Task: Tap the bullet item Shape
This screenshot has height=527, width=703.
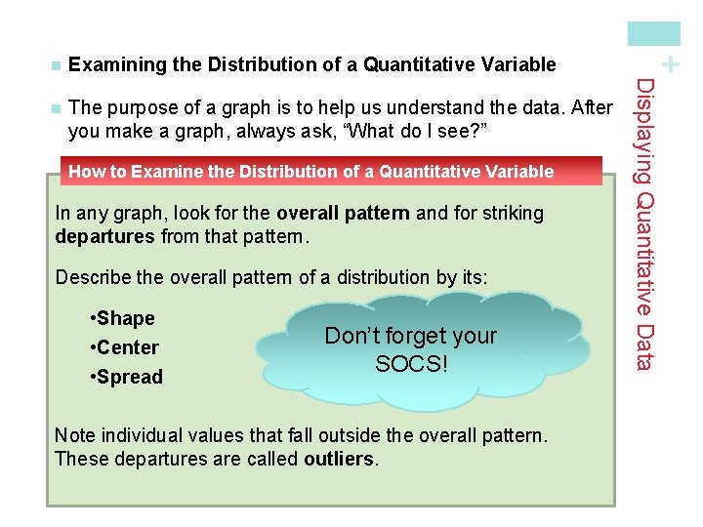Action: tap(121, 318)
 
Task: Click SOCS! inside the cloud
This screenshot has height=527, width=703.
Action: tap(411, 365)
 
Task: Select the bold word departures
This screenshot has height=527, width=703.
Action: tap(106, 235)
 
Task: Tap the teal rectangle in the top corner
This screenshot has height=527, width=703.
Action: tap(653, 33)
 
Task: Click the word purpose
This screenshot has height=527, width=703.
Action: tap(136, 107)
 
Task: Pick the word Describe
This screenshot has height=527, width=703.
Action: tap(92, 277)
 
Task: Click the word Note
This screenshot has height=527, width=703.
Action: tap(74, 435)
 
